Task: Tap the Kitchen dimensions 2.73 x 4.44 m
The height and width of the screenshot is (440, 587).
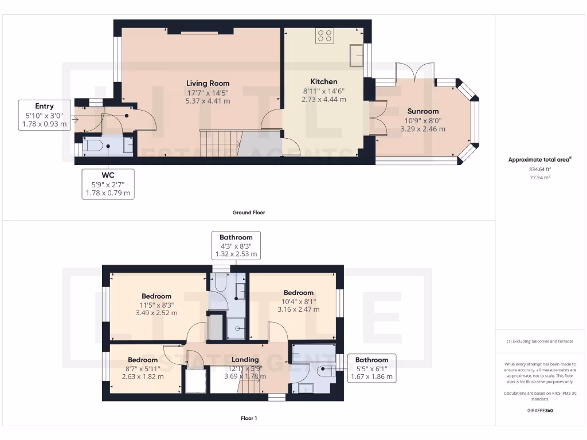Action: click(324, 99)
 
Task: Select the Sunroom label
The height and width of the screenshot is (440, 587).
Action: click(423, 111)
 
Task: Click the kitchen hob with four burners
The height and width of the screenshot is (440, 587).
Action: click(324, 36)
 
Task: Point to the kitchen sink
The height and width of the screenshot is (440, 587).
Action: click(358, 56)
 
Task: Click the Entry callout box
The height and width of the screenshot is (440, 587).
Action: click(44, 115)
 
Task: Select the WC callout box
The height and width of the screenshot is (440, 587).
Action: click(108, 183)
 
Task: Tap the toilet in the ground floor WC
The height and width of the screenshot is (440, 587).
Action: click(93, 146)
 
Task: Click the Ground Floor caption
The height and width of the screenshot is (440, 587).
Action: click(248, 213)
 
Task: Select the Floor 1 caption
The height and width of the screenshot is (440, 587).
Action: click(248, 418)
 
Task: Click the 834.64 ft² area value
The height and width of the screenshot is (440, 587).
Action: click(541, 170)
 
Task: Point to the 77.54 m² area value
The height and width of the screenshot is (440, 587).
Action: click(541, 178)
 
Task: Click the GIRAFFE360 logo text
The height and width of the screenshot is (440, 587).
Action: click(541, 411)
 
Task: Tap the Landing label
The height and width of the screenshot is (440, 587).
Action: click(245, 360)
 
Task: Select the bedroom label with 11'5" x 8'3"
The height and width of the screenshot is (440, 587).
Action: click(156, 296)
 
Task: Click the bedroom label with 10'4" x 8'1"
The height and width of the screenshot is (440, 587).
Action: click(298, 293)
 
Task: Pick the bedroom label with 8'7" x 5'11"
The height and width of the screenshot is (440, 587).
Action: click(142, 360)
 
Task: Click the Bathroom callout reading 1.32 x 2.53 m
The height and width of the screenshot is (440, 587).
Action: click(236, 245)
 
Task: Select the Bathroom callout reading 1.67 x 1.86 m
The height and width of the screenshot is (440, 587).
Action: click(371, 368)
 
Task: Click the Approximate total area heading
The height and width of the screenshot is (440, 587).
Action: click(539, 160)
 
